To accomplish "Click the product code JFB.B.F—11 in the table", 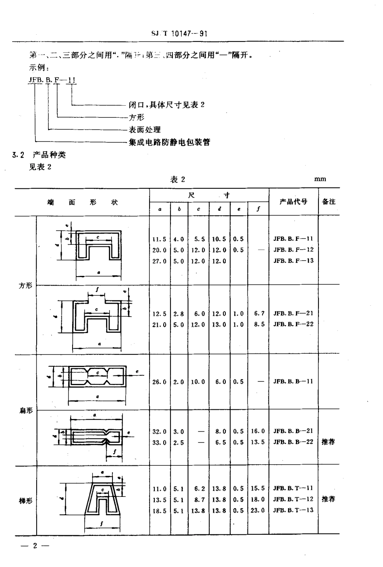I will click(293, 239).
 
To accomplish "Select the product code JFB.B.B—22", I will click(293, 442).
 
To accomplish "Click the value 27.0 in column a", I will click(159, 261).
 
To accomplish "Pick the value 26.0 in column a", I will click(159, 382).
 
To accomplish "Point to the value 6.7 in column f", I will click(259, 313).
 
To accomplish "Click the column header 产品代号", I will click(293, 201).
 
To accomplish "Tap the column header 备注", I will click(329, 201).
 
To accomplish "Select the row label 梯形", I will click(26, 501).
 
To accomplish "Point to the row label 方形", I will click(26, 286).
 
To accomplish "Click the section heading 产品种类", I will click(49, 154).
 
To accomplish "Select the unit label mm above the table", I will click(320, 179).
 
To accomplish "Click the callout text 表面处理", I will click(144, 129).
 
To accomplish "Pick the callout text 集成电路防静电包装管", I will click(169, 142).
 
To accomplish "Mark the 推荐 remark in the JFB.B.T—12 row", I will click(329, 499).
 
